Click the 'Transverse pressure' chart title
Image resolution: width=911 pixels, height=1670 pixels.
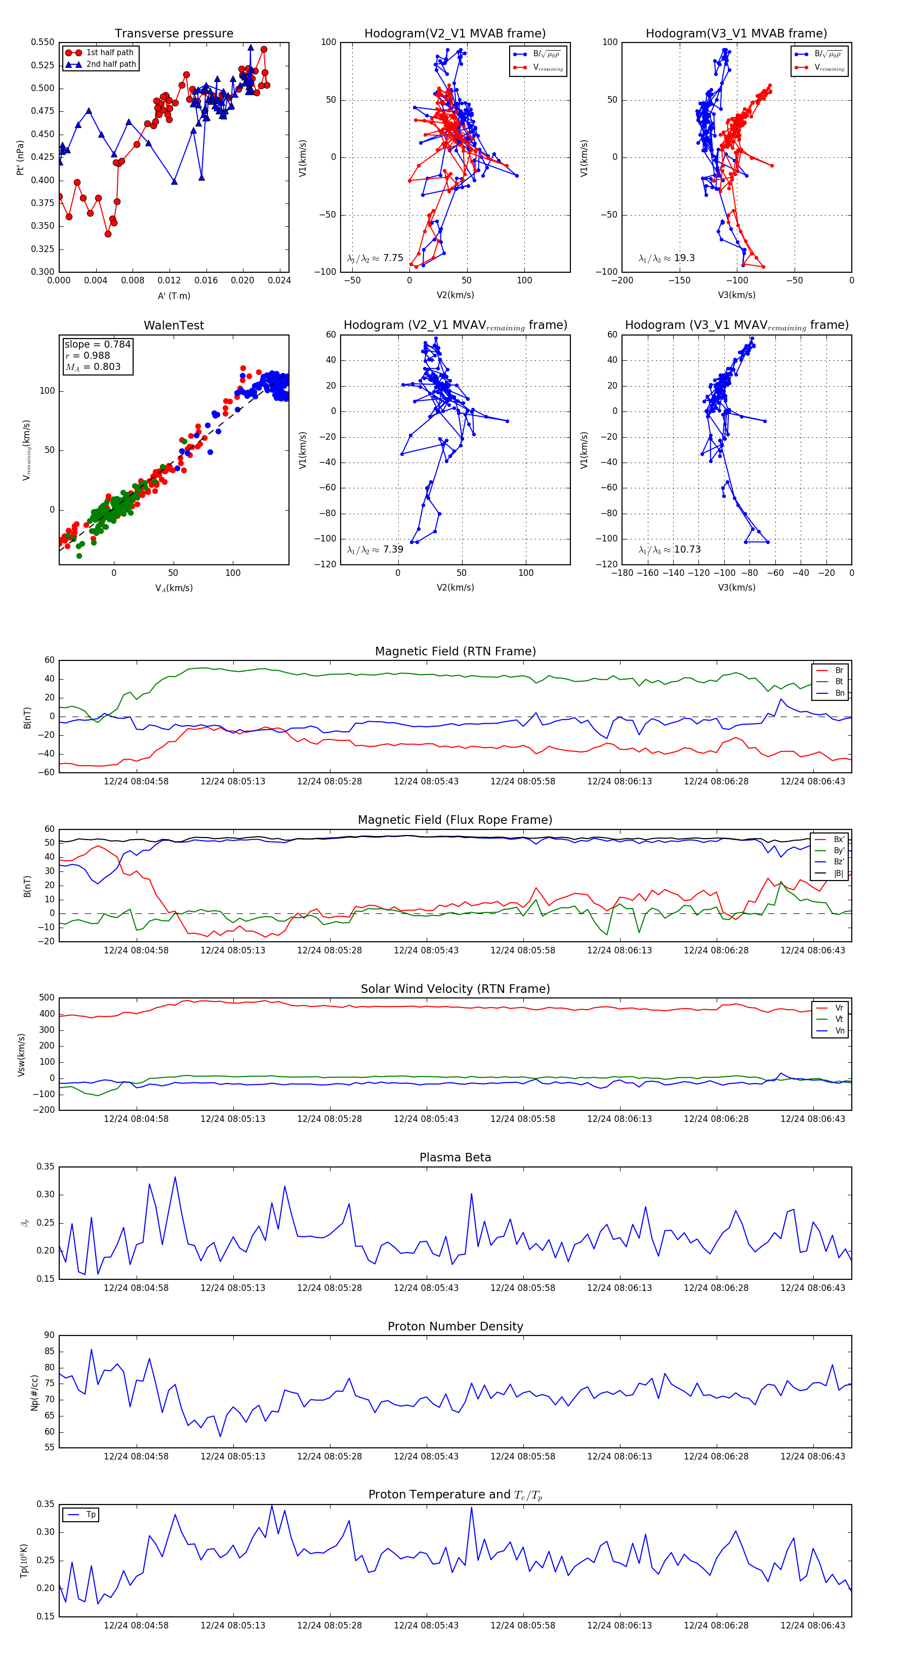point(174,33)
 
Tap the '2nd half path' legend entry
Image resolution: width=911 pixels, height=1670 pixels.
point(111,64)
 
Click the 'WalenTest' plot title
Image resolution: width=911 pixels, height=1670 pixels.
point(174,325)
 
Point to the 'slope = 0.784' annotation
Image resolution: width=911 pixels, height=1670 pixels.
point(97,344)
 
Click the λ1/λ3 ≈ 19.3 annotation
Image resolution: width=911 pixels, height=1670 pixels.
point(667,258)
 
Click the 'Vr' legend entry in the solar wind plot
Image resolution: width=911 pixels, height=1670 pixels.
point(839,1008)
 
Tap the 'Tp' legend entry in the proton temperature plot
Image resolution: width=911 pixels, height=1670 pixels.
point(91,1515)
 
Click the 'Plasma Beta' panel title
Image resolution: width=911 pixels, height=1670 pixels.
point(455,1157)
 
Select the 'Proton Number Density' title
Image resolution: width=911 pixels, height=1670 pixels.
point(455,1326)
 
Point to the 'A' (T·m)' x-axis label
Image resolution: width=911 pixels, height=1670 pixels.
point(174,296)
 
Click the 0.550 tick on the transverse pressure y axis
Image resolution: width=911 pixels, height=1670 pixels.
point(43,42)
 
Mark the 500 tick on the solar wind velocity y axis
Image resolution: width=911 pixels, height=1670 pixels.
point(47,998)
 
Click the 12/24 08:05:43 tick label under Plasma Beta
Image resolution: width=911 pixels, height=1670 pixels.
point(426,1287)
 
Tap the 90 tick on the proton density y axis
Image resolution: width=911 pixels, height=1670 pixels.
point(49,1335)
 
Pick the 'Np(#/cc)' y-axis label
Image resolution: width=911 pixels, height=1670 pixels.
point(34,1392)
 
